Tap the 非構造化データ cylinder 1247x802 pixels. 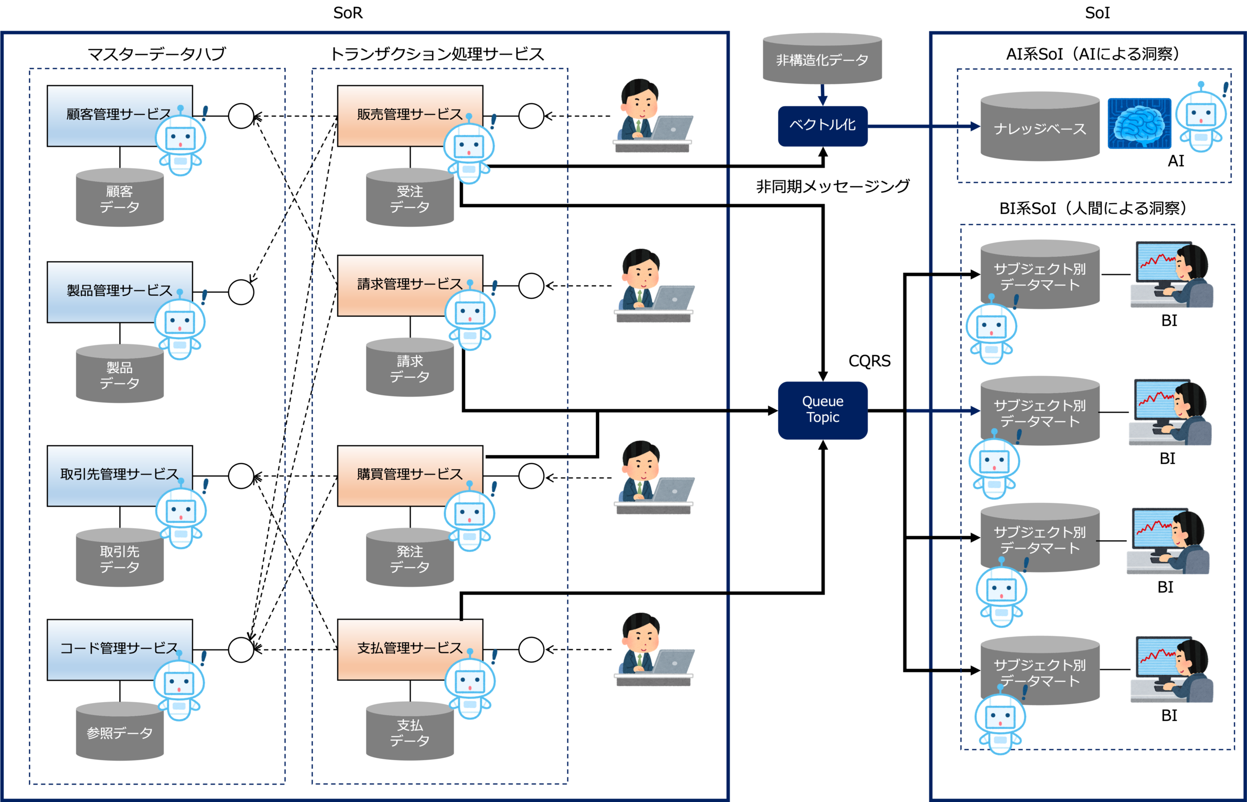point(822,59)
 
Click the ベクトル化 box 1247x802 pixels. point(823,126)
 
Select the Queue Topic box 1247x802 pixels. point(823,410)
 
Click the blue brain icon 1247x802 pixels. point(1139,124)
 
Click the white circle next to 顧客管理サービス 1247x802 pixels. point(241,115)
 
